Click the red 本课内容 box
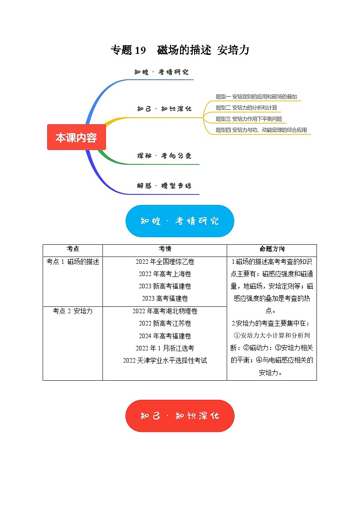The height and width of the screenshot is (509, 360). pos(76,137)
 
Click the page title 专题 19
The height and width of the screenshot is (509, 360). pos(128,50)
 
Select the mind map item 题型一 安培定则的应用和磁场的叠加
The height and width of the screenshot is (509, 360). pos(256,97)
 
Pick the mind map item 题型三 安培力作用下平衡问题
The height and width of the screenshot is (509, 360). pos(249,119)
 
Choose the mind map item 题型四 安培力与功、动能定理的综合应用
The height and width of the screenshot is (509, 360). pos(261,130)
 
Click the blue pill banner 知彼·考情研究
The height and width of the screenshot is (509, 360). pos(180,221)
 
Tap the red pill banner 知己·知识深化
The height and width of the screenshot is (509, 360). pos(180,416)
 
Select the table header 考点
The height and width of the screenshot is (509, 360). pos(73,249)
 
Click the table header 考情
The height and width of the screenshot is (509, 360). pos(165,249)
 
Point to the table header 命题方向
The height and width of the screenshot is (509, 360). pos(272,249)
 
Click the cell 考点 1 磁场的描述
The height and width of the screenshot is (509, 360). pos(73,262)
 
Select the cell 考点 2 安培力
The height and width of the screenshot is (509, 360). pos(73,311)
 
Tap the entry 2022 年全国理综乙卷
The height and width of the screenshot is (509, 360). pos(165,262)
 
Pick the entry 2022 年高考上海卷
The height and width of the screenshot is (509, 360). pos(165,274)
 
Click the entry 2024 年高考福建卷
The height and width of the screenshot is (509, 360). pos(165,336)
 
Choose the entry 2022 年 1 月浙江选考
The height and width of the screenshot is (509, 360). pos(165,349)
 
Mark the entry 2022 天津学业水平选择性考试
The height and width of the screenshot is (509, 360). pos(165,361)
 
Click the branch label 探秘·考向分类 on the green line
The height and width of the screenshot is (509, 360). pos(164,156)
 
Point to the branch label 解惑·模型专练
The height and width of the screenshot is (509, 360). pos(164,186)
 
